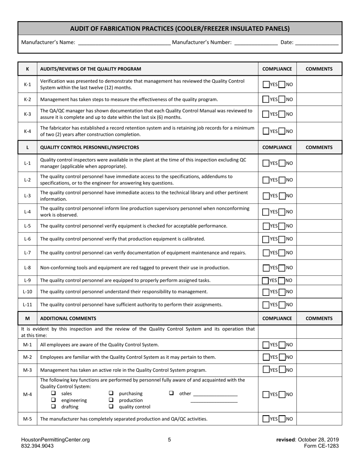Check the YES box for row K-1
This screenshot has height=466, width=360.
[266, 84]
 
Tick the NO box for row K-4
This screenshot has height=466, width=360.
[282, 131]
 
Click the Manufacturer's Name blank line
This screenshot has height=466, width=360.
[124, 43]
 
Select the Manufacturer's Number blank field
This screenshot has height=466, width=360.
[256, 43]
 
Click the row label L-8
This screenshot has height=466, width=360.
[27, 267]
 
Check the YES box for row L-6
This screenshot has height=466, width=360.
[266, 239]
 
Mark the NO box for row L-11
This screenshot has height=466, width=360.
[282, 305]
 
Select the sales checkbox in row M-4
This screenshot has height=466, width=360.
[53, 393]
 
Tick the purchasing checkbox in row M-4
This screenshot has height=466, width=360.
[111, 393]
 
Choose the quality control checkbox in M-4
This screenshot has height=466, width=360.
[111, 407]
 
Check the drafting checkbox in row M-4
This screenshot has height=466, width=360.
[53, 407]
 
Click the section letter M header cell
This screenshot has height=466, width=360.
[27, 319]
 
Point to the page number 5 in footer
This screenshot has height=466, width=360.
[169, 440]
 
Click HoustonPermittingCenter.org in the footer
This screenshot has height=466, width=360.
[55, 440]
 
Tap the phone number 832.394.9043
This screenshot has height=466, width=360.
[37, 446]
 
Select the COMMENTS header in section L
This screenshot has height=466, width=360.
[319, 147]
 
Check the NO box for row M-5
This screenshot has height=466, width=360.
[282, 419]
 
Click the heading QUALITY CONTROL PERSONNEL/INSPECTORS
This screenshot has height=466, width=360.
[89, 147]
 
